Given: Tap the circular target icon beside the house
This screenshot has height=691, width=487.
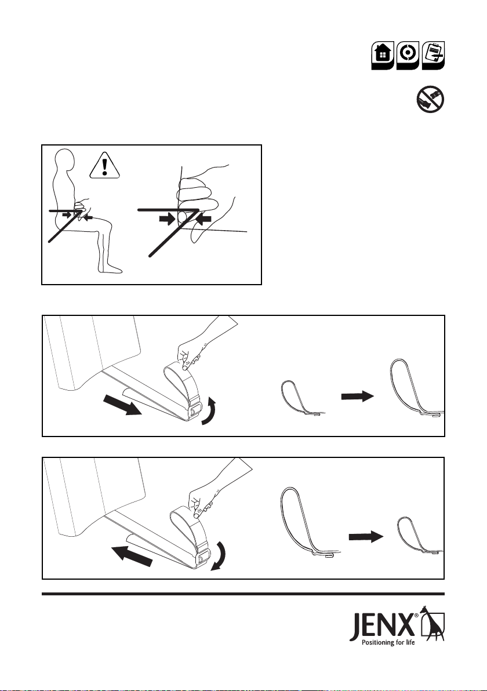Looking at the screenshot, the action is [x=408, y=55].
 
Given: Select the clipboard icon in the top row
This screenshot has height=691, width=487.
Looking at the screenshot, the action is [x=433, y=55].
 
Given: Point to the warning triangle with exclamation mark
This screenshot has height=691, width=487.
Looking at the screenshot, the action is [x=104, y=166].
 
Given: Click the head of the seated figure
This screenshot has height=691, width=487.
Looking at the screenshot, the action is [x=66, y=161].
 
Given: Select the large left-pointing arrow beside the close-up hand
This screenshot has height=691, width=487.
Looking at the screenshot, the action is [x=203, y=218].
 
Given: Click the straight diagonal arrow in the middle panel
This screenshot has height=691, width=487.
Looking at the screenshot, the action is [x=122, y=405].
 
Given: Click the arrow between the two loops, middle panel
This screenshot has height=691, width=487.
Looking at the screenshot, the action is [x=358, y=396].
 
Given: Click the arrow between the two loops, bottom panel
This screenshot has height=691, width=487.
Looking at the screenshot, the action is [x=366, y=537].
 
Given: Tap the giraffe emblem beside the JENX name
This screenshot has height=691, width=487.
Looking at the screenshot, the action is [x=433, y=623].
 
